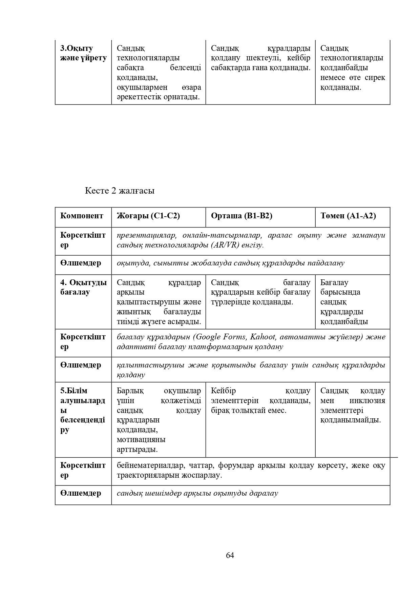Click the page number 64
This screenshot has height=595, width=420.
[x=230, y=555]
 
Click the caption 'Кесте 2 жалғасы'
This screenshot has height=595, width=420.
[x=120, y=191]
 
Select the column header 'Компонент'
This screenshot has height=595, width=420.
[x=82, y=216]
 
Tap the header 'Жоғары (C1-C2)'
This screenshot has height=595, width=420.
[x=148, y=216]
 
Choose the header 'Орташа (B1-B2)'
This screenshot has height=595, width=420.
[x=241, y=216]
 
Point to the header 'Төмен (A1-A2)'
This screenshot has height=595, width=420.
[x=348, y=216]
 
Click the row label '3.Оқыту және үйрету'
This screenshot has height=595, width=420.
[x=83, y=53]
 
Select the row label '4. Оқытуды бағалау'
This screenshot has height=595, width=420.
[x=83, y=287]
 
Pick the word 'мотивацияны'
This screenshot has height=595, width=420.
[x=141, y=440]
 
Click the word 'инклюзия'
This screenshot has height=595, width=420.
[x=367, y=401]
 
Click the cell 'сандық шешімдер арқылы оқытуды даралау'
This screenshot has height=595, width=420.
[x=197, y=493]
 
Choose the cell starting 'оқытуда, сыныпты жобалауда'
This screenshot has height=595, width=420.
[x=230, y=263]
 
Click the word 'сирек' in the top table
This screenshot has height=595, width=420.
[x=376, y=78]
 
